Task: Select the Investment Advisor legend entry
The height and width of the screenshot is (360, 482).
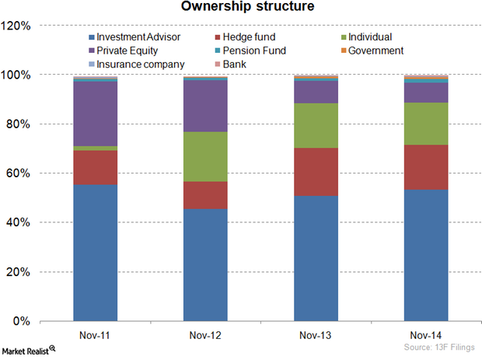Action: (x=133, y=37)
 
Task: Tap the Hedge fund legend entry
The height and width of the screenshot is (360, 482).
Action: (x=249, y=37)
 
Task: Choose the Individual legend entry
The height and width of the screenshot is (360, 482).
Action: (x=350, y=37)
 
